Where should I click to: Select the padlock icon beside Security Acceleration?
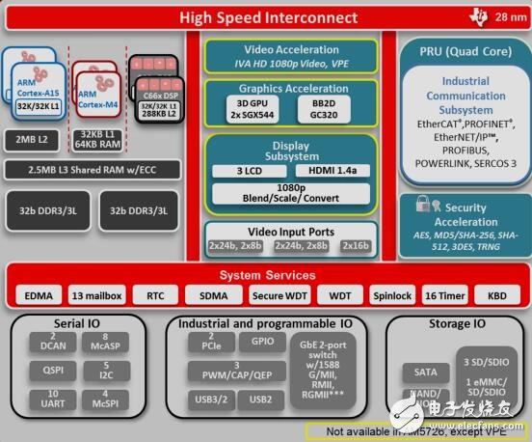[421, 206]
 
